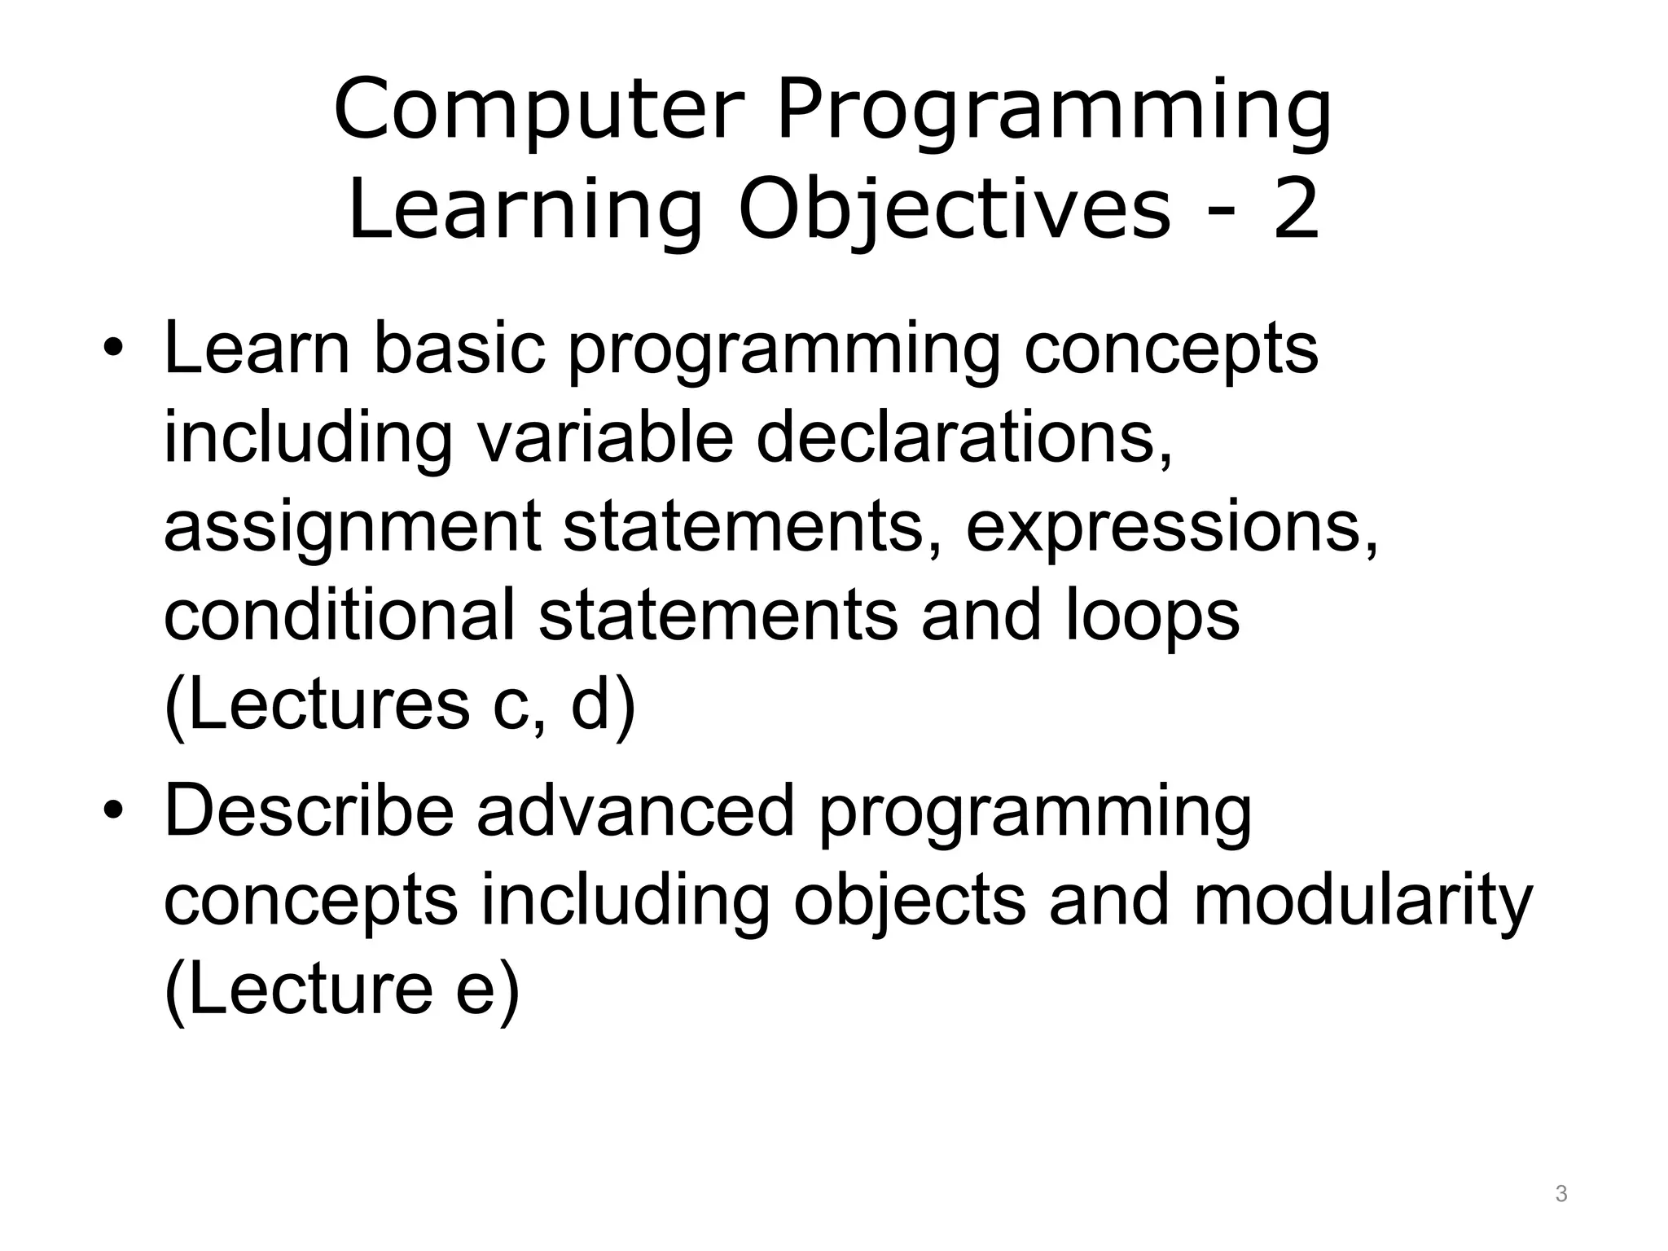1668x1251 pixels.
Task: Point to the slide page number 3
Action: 1560,1195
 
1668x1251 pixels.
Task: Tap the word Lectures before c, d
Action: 318,705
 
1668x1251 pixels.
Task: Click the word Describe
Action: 309,810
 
